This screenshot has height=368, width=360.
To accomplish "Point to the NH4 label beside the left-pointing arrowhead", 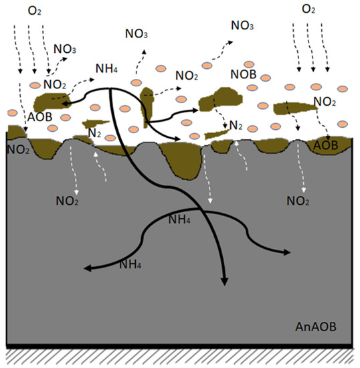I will click(130, 264).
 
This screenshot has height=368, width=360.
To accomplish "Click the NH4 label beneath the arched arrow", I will click(180, 219).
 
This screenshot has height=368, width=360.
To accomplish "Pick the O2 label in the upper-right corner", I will click(308, 9).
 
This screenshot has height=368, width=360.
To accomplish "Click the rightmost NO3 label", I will click(242, 25).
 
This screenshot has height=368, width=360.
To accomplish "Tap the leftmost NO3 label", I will click(64, 49).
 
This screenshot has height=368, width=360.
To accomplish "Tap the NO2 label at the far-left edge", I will click(17, 148).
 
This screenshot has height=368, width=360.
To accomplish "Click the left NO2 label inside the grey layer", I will click(67, 199).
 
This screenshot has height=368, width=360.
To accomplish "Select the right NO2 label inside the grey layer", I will click(297, 200).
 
